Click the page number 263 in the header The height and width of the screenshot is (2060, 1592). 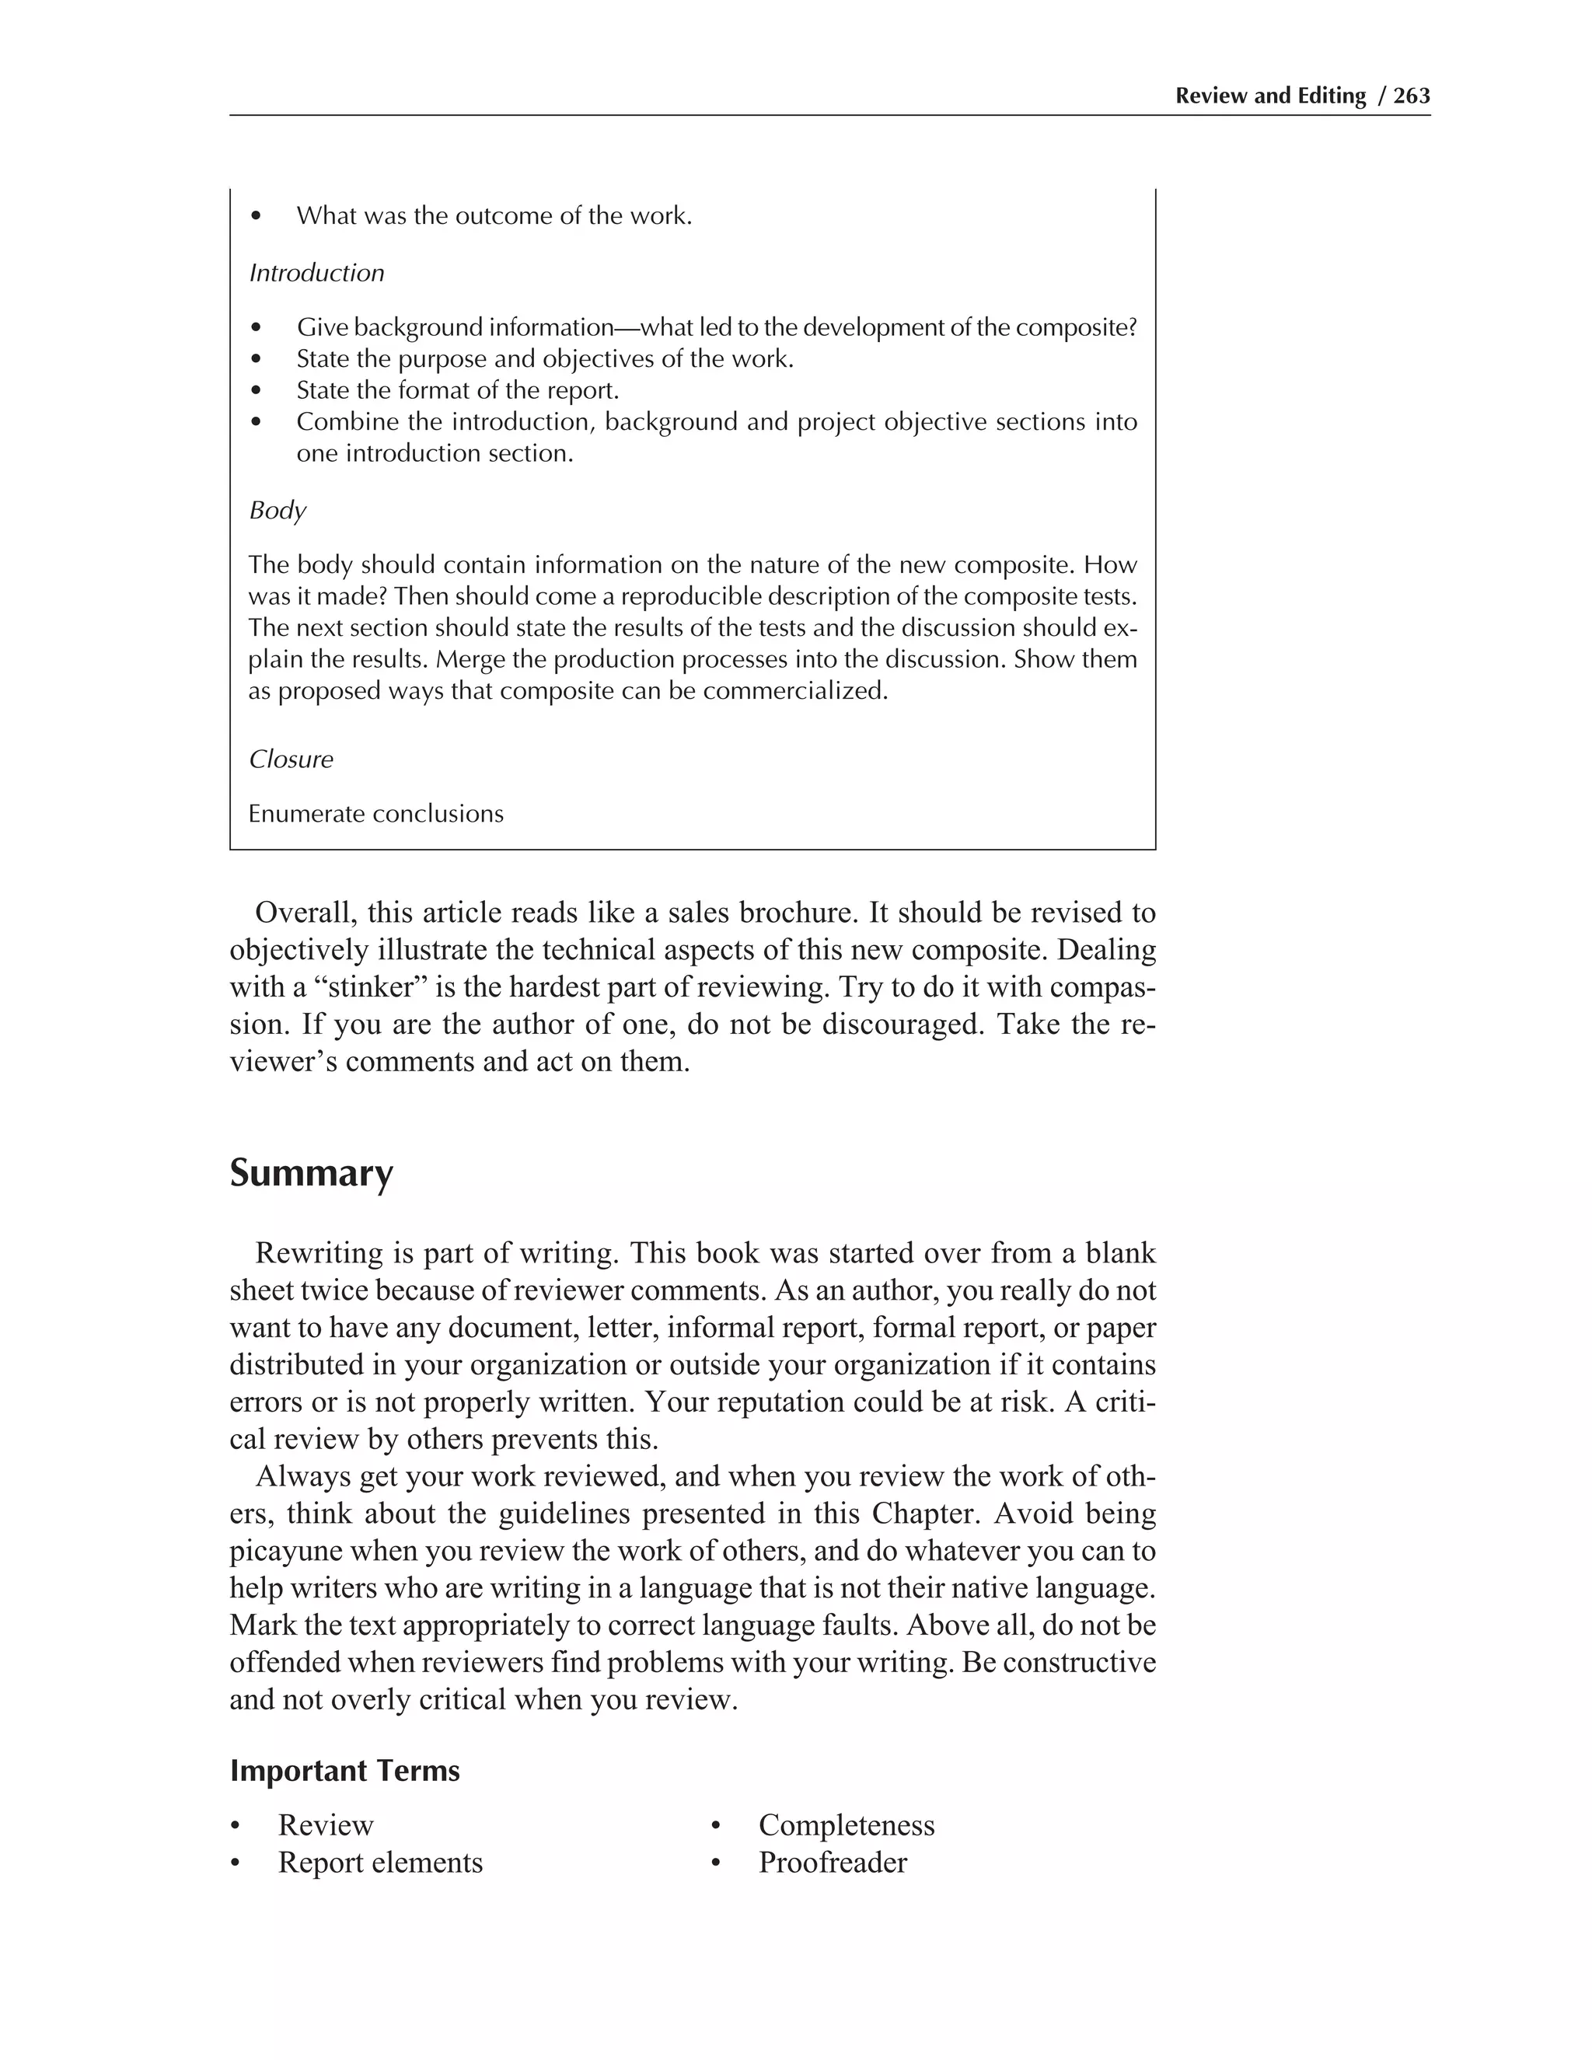click(x=1411, y=96)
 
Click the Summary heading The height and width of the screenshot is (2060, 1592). click(x=311, y=1173)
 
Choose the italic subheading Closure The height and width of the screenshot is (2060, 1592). click(x=291, y=759)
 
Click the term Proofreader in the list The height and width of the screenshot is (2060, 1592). click(x=832, y=1862)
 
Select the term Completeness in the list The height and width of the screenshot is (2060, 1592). click(x=846, y=1825)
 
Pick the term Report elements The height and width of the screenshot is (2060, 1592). click(x=380, y=1862)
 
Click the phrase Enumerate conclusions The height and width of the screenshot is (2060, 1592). click(x=375, y=814)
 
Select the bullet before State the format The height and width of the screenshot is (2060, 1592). click(x=256, y=390)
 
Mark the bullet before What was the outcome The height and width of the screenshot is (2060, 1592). click(x=256, y=216)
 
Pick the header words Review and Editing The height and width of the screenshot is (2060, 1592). click(x=1269, y=96)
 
